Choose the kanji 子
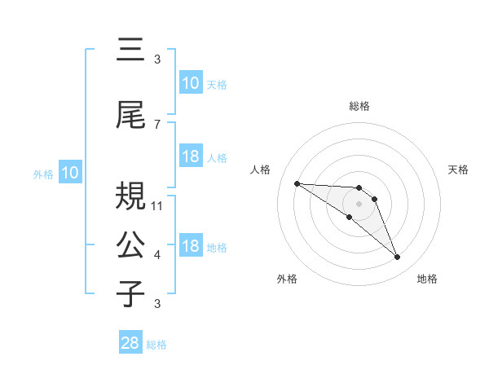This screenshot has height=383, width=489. tap(131, 293)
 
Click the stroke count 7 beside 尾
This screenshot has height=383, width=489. tap(156, 124)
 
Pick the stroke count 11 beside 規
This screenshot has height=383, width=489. tap(158, 205)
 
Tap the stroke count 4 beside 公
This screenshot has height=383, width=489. tap(156, 255)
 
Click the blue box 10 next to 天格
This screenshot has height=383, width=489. tap(191, 83)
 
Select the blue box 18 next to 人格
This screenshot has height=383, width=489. tap(191, 156)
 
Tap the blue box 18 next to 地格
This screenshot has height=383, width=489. tap(191, 246)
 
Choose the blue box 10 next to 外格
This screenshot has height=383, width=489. tap(69, 173)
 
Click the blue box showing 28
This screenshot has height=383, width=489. tap(130, 343)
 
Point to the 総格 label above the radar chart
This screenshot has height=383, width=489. tap(359, 106)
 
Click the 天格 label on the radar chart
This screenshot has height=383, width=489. tap(459, 169)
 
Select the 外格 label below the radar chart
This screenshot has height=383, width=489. tap(287, 279)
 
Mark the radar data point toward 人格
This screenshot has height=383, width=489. tap(297, 183)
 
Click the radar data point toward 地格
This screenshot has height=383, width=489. tap(397, 258)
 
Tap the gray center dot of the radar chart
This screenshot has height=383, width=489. tap(359, 203)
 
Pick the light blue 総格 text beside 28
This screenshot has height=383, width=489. tap(156, 345)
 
